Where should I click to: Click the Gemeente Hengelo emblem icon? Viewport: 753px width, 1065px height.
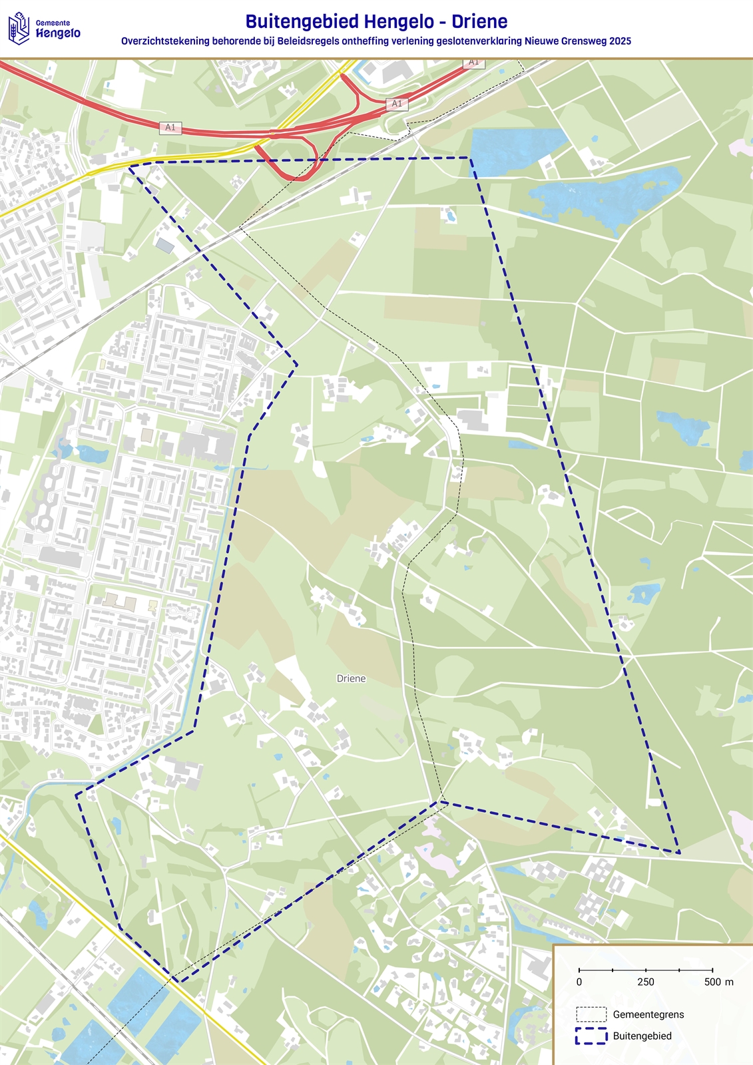(x=19, y=29)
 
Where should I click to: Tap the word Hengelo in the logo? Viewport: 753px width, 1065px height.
(x=59, y=33)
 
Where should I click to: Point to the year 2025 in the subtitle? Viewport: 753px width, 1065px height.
(x=619, y=41)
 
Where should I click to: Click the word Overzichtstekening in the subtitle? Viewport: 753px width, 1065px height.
(x=165, y=41)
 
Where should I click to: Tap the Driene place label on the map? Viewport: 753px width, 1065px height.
(x=351, y=678)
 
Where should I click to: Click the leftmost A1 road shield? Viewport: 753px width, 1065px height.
(x=171, y=127)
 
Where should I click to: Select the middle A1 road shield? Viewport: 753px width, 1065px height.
(x=397, y=104)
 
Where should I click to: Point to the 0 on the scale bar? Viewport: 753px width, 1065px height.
(x=579, y=982)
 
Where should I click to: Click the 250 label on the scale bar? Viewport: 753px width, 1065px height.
(x=646, y=982)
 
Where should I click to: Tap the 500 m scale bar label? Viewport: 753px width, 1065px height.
(x=718, y=982)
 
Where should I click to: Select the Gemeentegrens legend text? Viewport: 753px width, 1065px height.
(x=648, y=1014)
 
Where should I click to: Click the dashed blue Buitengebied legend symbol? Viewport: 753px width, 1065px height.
(x=591, y=1036)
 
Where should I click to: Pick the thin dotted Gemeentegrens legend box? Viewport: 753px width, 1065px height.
(x=591, y=1014)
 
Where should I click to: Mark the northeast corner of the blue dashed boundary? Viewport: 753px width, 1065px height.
(x=470, y=158)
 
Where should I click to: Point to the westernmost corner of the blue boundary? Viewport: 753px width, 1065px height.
(x=76, y=794)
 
